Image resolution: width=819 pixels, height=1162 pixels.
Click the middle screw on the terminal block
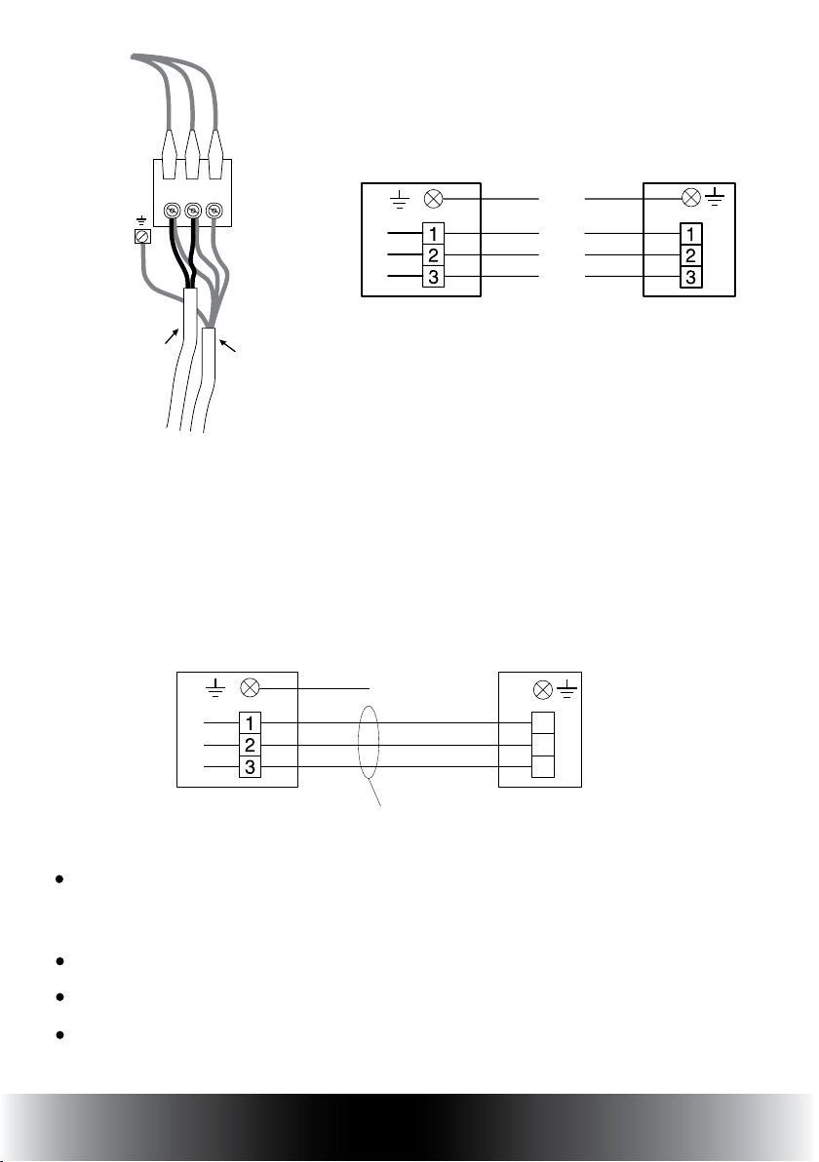pos(192,210)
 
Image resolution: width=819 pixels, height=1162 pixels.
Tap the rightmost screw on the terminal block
pos(214,210)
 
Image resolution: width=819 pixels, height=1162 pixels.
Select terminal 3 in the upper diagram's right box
pos(690,278)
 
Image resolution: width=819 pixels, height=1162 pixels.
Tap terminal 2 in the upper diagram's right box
pos(690,256)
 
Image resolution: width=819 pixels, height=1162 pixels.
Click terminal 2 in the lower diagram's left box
pos(250,746)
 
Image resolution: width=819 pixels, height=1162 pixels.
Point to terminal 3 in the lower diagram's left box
pos(250,767)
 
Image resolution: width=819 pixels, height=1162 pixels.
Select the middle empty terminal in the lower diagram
pos(540,746)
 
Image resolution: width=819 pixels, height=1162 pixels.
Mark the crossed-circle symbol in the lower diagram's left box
pos(250,688)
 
